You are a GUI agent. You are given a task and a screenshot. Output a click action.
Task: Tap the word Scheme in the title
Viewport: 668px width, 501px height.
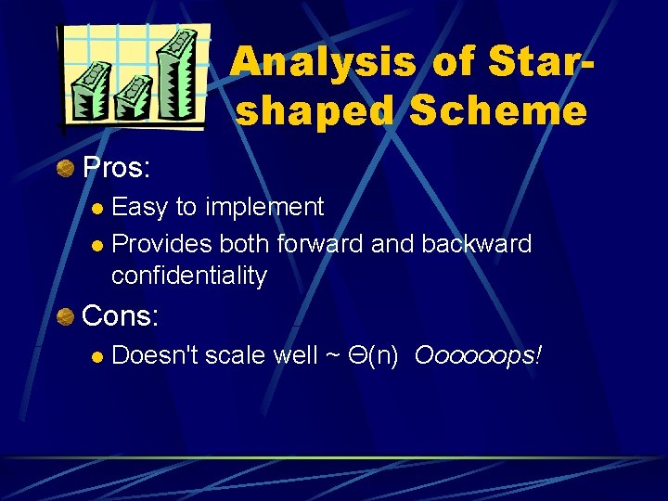point(498,111)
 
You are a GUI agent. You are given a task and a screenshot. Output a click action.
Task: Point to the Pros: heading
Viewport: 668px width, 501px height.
point(117,168)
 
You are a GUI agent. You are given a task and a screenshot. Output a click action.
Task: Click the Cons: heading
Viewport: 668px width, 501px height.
point(121,316)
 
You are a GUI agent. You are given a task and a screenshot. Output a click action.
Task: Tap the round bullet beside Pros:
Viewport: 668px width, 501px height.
point(65,168)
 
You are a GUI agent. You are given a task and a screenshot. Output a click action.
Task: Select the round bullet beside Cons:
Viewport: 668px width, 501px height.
point(65,317)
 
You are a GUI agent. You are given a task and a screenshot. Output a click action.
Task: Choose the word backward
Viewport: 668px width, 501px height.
point(476,244)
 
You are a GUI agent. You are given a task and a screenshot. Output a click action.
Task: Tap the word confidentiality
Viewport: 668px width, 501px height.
point(188,276)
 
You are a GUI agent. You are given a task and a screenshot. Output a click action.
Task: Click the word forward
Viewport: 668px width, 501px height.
point(320,244)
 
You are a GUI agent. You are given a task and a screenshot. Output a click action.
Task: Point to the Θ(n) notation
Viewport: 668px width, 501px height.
point(373,355)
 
